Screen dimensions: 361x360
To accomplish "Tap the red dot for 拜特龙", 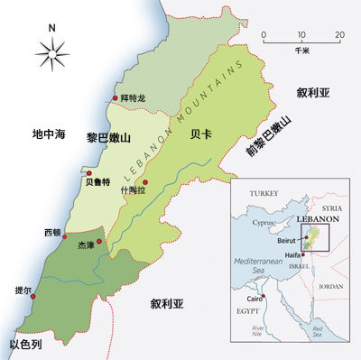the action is (x=114, y=97).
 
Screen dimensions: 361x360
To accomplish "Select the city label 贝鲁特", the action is (x=97, y=182).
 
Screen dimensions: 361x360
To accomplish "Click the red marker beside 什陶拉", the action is (x=145, y=182).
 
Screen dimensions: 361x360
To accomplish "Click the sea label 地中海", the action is (x=48, y=134).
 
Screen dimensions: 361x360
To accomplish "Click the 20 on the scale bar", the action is (x=338, y=35).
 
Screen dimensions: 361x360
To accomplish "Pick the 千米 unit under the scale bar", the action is (x=301, y=51).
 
